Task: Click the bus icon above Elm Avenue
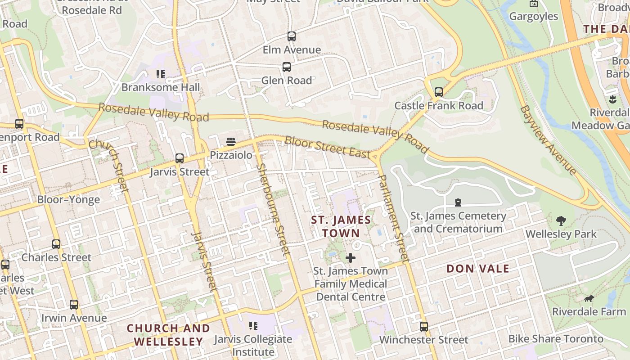tap(292, 36)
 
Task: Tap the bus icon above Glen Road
tap(287, 67)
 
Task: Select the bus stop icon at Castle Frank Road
tap(439, 92)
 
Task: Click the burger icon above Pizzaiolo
tap(231, 142)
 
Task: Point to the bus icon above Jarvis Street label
tap(180, 158)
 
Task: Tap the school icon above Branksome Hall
tap(161, 74)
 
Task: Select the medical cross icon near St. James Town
tap(351, 258)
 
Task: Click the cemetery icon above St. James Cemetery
tap(458, 202)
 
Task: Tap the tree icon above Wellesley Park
tap(561, 220)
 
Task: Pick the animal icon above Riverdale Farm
tap(589, 298)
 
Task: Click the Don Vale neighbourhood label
tap(478, 269)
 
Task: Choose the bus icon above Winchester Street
tap(424, 326)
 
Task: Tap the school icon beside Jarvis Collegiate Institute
tap(253, 325)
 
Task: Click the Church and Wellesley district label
tap(168, 335)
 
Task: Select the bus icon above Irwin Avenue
tap(74, 305)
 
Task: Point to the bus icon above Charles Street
tap(56, 244)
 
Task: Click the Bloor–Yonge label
tap(68, 199)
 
